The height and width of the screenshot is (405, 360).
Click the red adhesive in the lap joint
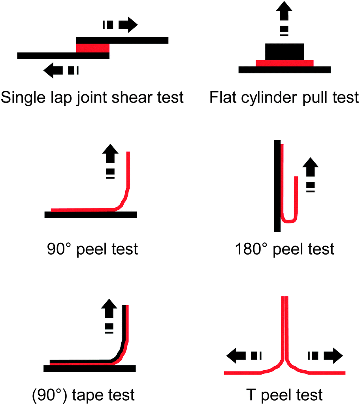pyautogui.click(x=92, y=48)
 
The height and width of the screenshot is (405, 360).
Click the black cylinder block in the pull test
pyautogui.click(x=285, y=51)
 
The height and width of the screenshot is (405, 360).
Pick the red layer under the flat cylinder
pyautogui.click(x=285, y=63)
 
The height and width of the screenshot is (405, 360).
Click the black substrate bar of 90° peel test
pyautogui.click(x=90, y=215)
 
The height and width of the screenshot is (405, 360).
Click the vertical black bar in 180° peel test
pyautogui.click(x=277, y=186)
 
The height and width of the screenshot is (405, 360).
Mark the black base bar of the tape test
pyautogui.click(x=89, y=369)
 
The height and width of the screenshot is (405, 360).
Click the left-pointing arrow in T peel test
pyautogui.click(x=236, y=355)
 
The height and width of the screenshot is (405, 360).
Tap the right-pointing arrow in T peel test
pyautogui.click(x=332, y=355)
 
